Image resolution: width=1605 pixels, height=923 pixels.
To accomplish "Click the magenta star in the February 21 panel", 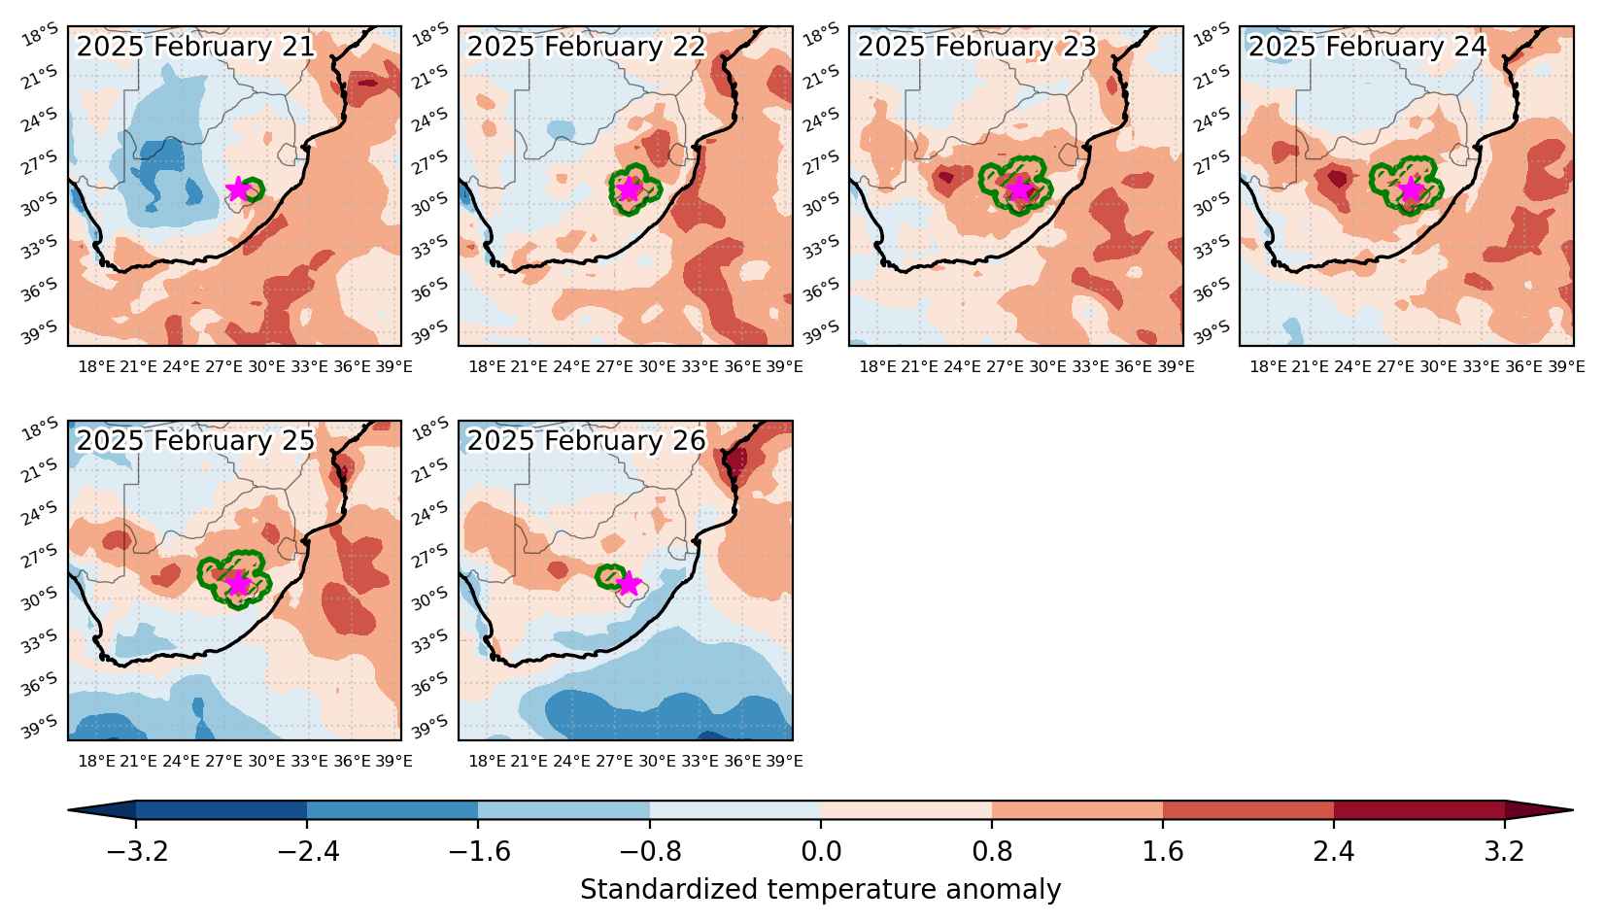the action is click(x=238, y=189).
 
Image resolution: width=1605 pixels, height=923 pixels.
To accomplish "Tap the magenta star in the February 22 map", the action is click(x=629, y=189).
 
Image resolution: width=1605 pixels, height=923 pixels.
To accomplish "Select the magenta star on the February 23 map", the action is click(x=1019, y=189).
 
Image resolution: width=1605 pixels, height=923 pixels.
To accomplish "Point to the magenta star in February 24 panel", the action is click(x=1410, y=189).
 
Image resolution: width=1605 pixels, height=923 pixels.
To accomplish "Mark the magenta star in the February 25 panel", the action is click(x=238, y=583).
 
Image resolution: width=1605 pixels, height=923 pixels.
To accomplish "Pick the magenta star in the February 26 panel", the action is click(x=629, y=583).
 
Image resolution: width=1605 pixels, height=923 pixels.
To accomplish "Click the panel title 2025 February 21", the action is click(x=195, y=47).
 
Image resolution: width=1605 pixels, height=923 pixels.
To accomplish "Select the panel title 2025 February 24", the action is click(x=1368, y=47).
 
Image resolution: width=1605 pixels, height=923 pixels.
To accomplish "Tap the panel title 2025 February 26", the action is click(x=586, y=441).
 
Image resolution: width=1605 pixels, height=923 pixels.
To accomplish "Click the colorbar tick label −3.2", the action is click(x=137, y=851).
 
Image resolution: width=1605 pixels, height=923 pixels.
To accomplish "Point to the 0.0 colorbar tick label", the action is click(x=821, y=851).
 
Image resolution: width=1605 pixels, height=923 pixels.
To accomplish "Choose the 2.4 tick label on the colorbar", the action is click(x=1333, y=851).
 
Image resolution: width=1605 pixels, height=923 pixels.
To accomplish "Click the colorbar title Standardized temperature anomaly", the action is click(x=820, y=889).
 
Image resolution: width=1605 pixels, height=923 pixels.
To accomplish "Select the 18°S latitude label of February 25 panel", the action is click(x=40, y=429).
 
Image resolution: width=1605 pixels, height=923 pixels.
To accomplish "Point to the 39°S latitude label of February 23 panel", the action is click(x=821, y=331).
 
